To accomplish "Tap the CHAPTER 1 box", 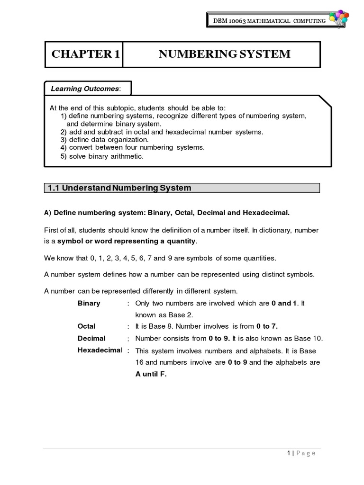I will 85,54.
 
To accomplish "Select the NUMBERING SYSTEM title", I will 225,54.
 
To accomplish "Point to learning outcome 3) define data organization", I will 104,140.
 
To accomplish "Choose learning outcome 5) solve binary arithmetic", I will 101,156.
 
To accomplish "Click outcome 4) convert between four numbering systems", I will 132,147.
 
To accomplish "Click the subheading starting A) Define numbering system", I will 166,213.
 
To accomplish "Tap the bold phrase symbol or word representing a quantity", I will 126,241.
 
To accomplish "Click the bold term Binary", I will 89,303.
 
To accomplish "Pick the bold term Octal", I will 86,326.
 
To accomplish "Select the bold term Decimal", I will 91,339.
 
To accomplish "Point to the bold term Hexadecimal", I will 99,350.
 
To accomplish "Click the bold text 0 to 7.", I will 267,326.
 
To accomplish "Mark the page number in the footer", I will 289,453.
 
